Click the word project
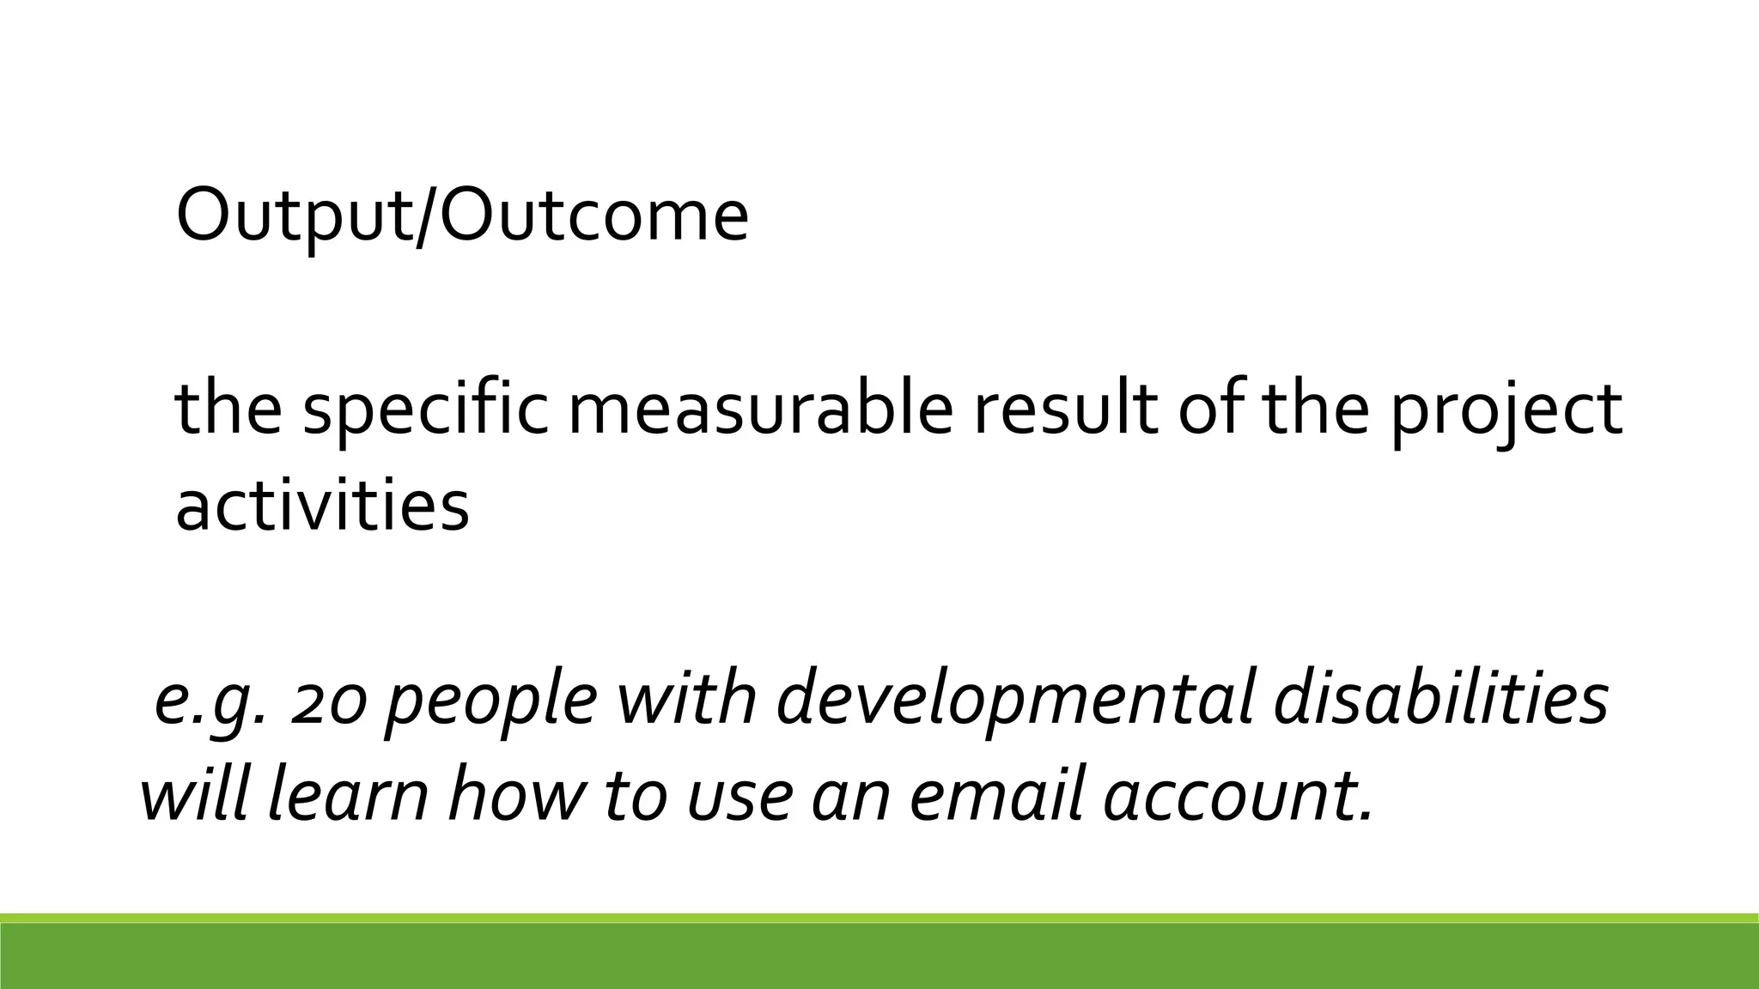(1506, 410)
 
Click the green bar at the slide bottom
(879, 955)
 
